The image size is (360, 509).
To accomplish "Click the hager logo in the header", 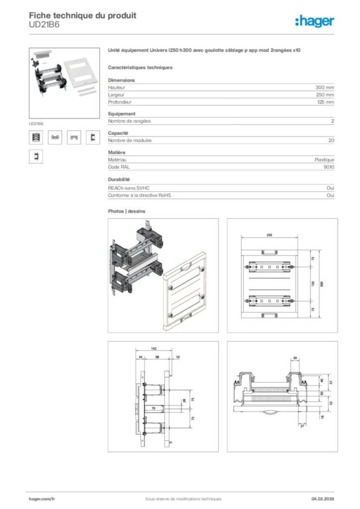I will (x=314, y=20).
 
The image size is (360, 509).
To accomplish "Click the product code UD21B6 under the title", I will (x=44, y=25).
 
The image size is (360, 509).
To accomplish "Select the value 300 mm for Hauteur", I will (x=325, y=87).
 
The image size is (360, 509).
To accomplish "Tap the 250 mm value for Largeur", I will (x=325, y=94).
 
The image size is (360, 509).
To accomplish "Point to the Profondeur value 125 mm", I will (x=325, y=102).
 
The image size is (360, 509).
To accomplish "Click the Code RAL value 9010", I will (x=329, y=167).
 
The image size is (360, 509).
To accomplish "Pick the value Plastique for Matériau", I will (x=324, y=160).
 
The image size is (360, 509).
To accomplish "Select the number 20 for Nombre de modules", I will (x=331, y=140).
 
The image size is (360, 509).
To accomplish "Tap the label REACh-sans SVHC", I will (x=129, y=188).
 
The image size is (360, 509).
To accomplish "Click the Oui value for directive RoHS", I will (x=330, y=195).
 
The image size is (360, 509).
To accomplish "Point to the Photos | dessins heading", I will (x=127, y=211).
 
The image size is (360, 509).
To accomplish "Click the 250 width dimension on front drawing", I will (x=269, y=236).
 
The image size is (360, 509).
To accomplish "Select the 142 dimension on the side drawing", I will (x=154, y=349).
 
